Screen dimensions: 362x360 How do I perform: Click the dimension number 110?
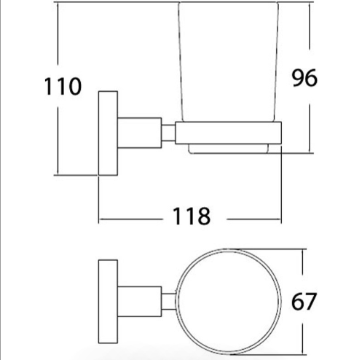63,86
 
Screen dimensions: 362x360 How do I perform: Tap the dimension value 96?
304,78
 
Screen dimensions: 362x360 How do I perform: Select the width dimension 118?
192,216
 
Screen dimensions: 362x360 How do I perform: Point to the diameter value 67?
304,301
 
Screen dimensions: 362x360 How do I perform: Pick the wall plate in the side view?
108,133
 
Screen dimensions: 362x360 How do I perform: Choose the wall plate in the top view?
108,302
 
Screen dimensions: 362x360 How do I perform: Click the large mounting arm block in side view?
140,133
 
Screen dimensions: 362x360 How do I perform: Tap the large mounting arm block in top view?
140,302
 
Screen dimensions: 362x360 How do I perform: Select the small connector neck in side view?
168,133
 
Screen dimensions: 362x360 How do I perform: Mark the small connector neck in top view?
168,302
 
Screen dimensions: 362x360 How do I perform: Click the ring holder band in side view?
229,133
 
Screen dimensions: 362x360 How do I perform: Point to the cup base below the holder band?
229,149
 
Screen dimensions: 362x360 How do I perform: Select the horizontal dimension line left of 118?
131,219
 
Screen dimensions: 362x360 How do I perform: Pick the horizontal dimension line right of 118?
254,219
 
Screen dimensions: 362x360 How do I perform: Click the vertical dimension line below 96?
310,128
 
